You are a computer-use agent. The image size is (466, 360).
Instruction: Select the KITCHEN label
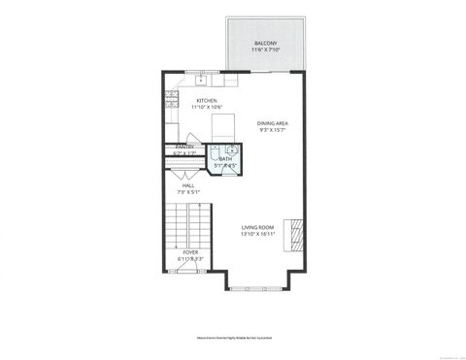click(206, 100)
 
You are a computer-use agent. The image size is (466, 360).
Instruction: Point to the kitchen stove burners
click(171, 98)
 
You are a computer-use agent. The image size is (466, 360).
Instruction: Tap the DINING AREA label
click(273, 123)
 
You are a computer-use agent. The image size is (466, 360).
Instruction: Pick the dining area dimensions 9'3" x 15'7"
click(273, 131)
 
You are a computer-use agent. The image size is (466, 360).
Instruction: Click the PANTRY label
click(183, 147)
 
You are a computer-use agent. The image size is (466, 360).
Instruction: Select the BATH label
click(225, 158)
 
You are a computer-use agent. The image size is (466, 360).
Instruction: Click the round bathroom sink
click(233, 150)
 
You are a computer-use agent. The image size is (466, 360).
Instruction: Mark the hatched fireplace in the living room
click(297, 231)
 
